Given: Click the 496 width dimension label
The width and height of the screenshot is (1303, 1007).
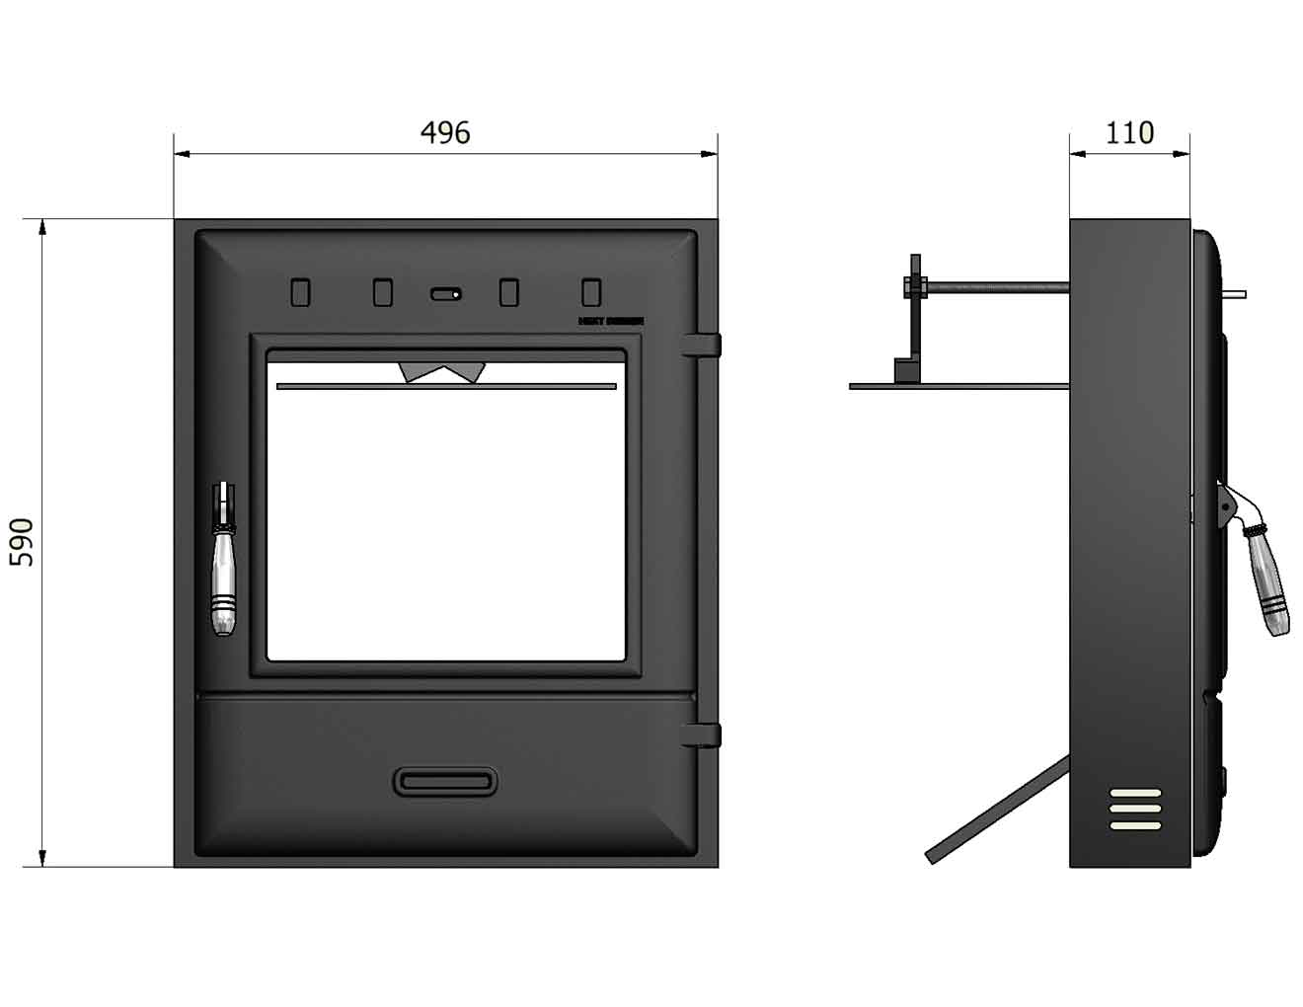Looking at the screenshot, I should (x=445, y=132).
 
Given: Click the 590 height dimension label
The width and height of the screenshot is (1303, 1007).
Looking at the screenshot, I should (x=22, y=542).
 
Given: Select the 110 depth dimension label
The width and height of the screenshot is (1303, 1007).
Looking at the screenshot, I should (x=1129, y=132).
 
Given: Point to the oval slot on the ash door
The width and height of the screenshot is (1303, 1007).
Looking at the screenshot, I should (x=445, y=781).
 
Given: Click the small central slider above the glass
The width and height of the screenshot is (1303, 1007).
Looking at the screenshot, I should (x=445, y=293).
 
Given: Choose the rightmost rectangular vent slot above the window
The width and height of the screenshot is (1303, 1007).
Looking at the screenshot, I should (x=590, y=292).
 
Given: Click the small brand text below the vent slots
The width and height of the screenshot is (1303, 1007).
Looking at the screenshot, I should (x=610, y=321).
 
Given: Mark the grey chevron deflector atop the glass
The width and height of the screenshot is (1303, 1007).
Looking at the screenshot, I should (x=442, y=371).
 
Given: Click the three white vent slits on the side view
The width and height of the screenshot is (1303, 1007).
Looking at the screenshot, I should (x=1135, y=809).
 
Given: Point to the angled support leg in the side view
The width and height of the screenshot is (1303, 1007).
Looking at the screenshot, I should (x=997, y=810).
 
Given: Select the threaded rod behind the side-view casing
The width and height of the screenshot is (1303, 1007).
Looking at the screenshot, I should (x=997, y=287).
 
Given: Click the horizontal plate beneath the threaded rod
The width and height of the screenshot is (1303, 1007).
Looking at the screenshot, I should (x=958, y=386).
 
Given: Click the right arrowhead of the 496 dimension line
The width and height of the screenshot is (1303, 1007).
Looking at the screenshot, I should (x=710, y=154).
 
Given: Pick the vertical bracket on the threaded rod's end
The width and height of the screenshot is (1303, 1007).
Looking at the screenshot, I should (x=916, y=316).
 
